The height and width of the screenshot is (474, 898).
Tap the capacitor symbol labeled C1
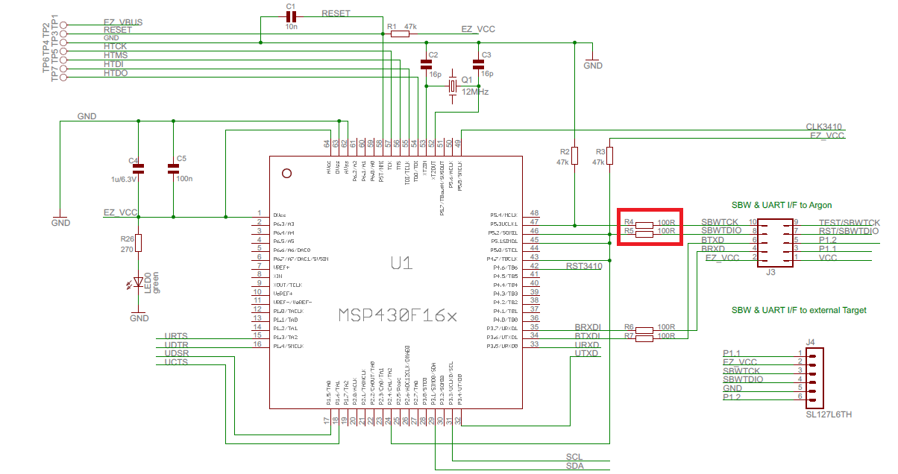[291, 17]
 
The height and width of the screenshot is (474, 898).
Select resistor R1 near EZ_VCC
[401, 33]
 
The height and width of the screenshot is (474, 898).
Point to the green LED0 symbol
[137, 283]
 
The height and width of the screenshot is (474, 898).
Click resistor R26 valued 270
[138, 243]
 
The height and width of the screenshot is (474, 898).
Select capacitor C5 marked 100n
[173, 168]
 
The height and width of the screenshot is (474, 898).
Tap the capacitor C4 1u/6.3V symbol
[138, 168]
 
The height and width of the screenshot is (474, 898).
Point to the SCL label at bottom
[574, 457]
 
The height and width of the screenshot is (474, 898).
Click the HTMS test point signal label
[116, 56]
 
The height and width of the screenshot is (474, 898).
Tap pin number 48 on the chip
[534, 213]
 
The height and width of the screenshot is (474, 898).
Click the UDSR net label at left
[176, 353]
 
